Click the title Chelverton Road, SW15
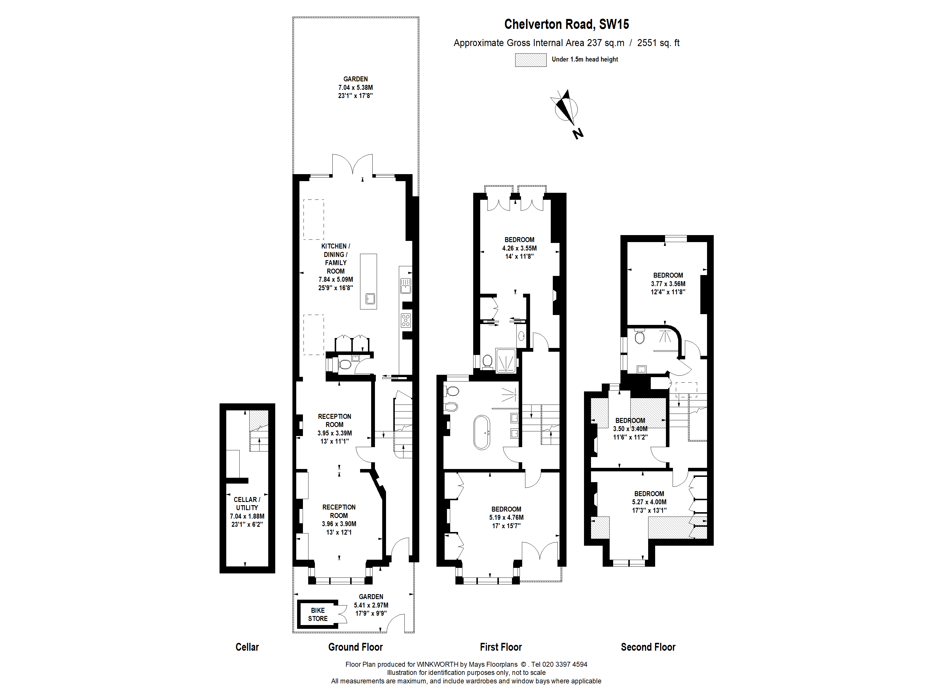[567, 24]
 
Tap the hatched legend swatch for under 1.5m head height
[531, 60]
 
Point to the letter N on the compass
[578, 134]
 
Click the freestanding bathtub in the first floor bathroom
[482, 433]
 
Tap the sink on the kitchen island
[370, 299]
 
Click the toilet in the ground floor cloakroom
[345, 364]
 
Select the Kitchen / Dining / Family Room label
[336, 259]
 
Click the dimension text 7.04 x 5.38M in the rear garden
[356, 87]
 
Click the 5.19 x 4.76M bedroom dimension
[506, 517]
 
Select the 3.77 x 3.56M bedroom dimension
[668, 283]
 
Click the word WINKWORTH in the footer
[437, 664]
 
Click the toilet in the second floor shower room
[639, 336]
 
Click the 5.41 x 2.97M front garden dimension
[371, 605]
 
